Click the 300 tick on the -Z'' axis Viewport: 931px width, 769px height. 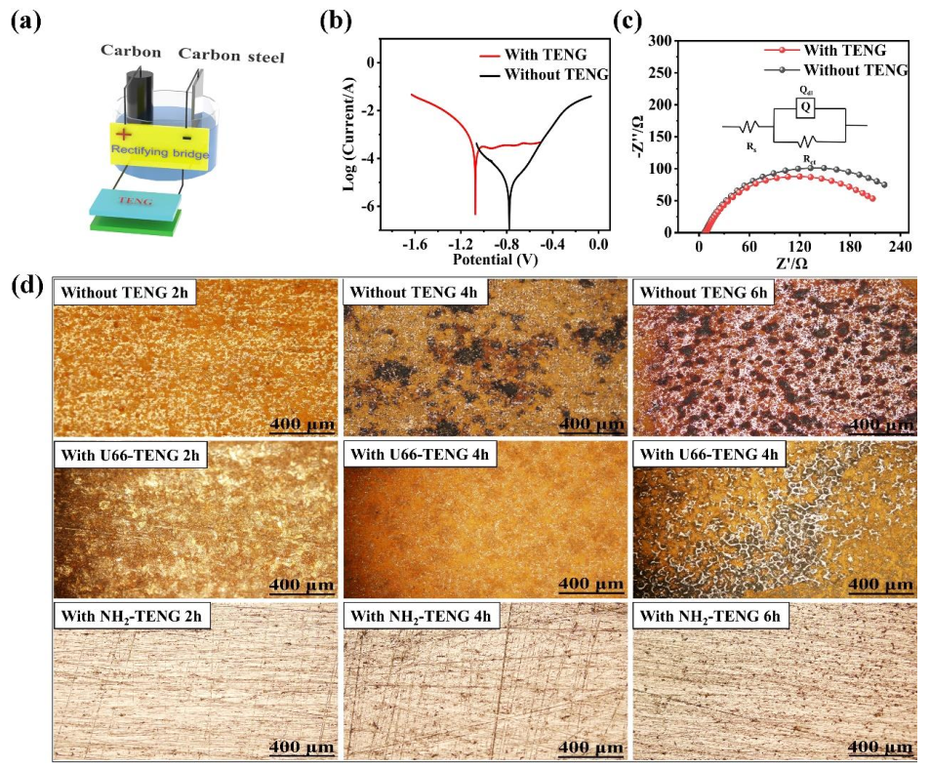[x=668, y=41]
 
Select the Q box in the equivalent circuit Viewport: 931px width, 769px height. [x=804, y=108]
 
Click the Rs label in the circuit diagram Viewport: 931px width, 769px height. [x=750, y=148]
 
